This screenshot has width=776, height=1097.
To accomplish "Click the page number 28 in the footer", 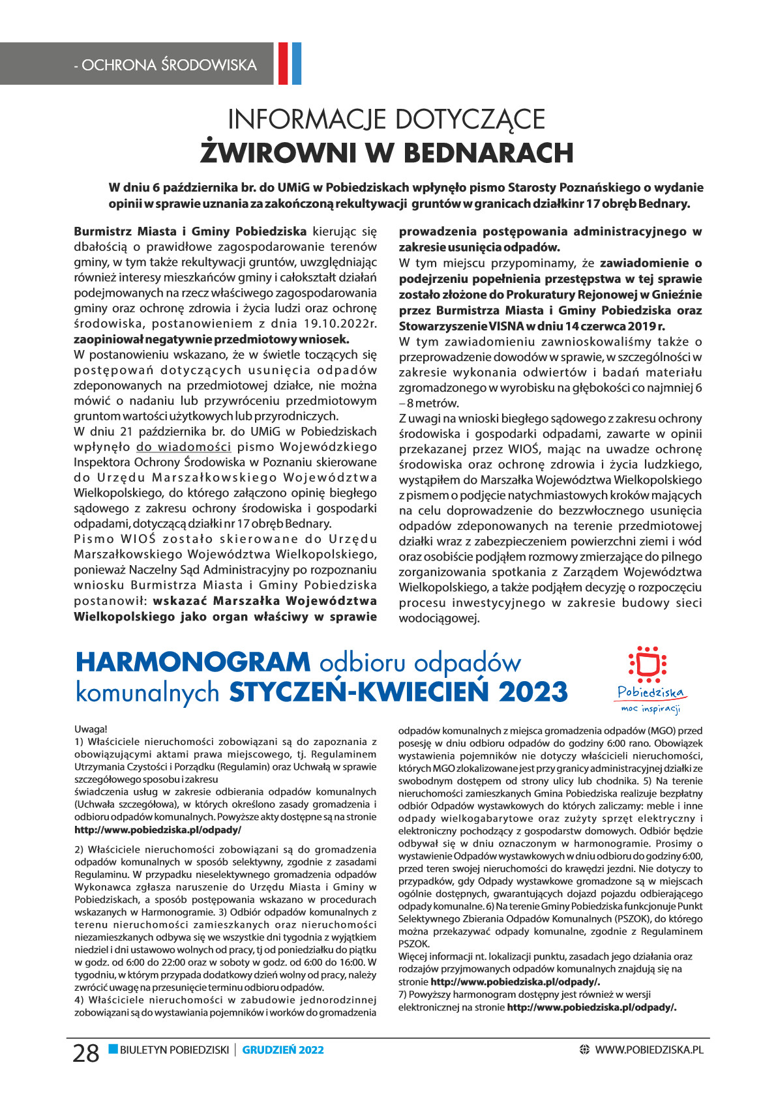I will pyautogui.click(x=85, y=1053).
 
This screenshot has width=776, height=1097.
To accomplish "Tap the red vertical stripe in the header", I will pyautogui.click(x=283, y=63).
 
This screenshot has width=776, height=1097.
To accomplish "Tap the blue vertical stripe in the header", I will pyautogui.click(x=296, y=63).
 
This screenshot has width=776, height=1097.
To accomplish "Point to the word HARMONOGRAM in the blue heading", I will pyautogui.click(x=193, y=662).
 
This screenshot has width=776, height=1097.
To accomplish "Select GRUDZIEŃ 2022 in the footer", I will pyautogui.click(x=283, y=1050).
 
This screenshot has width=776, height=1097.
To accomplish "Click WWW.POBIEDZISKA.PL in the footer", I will pyautogui.click(x=649, y=1050).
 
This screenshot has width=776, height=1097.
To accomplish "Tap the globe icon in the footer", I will pyautogui.click(x=584, y=1050).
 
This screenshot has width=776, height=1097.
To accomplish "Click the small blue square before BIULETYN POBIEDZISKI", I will pyautogui.click(x=113, y=1049).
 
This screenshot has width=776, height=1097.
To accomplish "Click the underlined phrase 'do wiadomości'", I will pyautogui.click(x=183, y=447).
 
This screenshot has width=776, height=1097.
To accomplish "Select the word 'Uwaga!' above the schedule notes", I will pyautogui.click(x=91, y=729).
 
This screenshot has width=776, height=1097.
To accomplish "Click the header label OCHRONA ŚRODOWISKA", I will pyautogui.click(x=165, y=65).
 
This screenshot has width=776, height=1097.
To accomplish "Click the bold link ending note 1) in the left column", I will pyautogui.click(x=158, y=830).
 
